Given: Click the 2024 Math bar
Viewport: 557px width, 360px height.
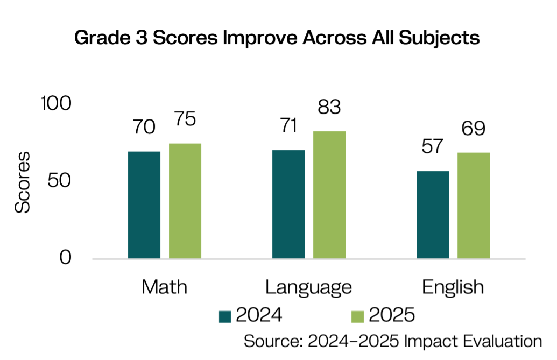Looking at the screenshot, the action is point(144,205).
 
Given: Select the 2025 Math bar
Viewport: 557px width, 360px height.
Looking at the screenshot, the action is point(185,201).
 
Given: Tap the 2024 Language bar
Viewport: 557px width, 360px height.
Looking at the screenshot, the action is point(288,204).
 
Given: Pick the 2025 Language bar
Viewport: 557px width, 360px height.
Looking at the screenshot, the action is point(329,195).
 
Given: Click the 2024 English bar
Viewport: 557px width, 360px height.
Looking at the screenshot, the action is point(433,215).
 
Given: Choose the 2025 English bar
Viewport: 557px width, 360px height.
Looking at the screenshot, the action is point(474,206).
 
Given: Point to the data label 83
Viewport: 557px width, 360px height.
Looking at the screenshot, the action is point(329,107).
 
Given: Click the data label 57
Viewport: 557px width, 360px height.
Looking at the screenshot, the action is point(432,146).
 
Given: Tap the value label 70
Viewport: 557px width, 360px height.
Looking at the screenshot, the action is point(144,127).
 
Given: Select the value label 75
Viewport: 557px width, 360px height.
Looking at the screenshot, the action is point(185,119).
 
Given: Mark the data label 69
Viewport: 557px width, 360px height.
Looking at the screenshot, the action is point(474,128).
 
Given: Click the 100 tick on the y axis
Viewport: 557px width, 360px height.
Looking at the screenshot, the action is point(56,103).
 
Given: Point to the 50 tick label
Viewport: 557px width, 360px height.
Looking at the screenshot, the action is point(59,180).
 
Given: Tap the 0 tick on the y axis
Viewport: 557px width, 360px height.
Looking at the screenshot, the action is point(66,257).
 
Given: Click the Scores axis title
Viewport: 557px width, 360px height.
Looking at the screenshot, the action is point(23,182).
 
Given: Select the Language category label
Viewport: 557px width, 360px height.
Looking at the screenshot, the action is point(308,287).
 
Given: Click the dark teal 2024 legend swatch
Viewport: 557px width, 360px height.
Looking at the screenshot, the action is point(225,317).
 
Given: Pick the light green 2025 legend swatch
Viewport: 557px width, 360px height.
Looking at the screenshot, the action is point(357,317).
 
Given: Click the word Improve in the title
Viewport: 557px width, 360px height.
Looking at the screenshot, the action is point(260,38).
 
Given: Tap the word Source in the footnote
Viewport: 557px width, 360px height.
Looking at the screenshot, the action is point(273,341).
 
